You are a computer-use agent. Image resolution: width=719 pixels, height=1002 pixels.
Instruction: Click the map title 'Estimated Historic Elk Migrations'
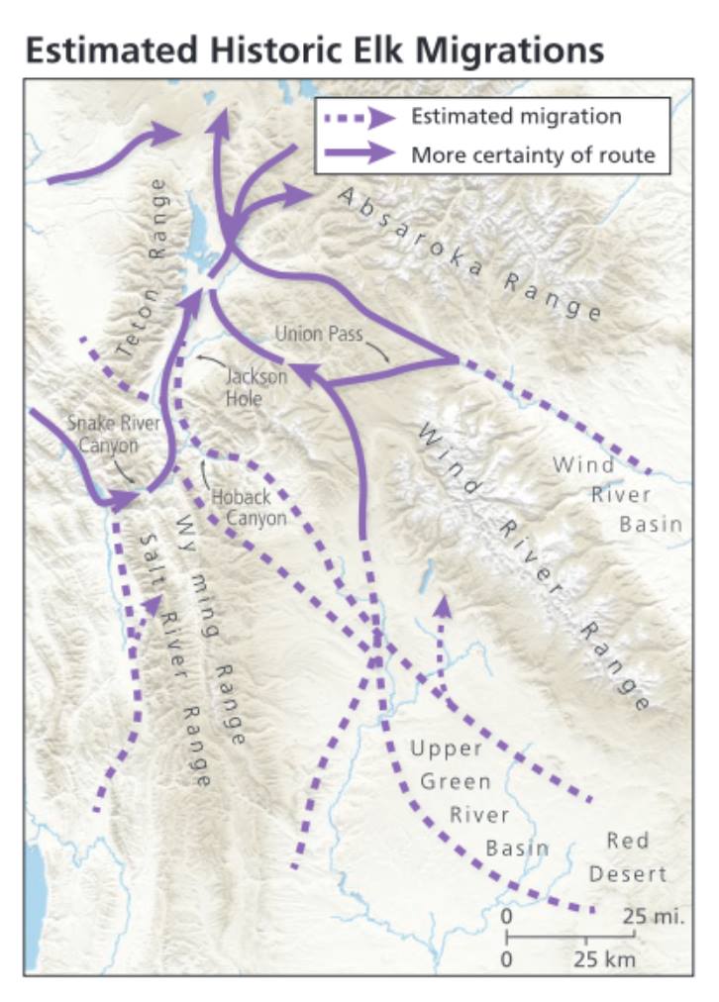click(314, 50)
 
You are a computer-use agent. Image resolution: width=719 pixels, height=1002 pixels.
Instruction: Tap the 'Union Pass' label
click(312, 334)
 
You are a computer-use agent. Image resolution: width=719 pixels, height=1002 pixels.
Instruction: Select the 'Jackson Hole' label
click(255, 387)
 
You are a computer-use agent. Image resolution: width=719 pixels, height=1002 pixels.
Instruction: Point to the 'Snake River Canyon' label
click(102, 434)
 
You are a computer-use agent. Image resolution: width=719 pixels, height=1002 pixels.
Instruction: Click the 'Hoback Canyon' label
click(249, 508)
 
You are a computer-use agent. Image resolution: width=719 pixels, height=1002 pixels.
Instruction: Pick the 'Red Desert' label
click(628, 857)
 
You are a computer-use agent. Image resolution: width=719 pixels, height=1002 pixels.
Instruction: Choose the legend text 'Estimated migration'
click(516, 117)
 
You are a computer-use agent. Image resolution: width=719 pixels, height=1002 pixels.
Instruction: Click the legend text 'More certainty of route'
click(533, 154)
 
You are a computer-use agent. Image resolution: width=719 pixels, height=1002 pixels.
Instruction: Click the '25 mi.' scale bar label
click(653, 916)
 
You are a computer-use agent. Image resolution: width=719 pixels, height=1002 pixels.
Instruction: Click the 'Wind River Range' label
click(536, 564)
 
